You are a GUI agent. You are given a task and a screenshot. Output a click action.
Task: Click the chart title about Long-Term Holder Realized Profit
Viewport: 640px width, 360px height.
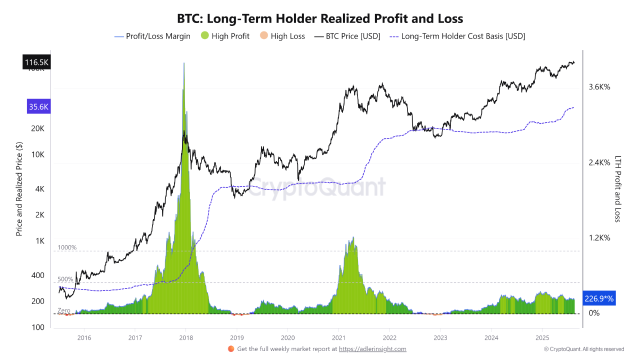(320, 19)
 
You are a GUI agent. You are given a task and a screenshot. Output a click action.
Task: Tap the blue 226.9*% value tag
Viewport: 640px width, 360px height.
(598, 298)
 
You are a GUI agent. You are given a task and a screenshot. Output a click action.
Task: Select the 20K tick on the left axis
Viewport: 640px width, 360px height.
(38, 128)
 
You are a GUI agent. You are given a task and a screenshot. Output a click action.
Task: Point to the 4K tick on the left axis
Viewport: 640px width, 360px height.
(40, 189)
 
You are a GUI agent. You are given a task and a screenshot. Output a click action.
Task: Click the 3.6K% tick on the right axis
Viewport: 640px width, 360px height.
(599, 87)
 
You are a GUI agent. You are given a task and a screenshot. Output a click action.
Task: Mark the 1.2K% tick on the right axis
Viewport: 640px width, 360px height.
(599, 238)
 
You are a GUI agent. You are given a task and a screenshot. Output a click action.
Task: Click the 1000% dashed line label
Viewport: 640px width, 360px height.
(67, 247)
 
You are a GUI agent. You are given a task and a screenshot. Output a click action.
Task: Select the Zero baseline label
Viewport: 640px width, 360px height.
(63, 310)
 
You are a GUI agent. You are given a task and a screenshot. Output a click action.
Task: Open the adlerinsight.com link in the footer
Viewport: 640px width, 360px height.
(372, 349)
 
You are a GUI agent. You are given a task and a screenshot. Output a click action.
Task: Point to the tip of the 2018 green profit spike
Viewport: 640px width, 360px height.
(184, 63)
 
